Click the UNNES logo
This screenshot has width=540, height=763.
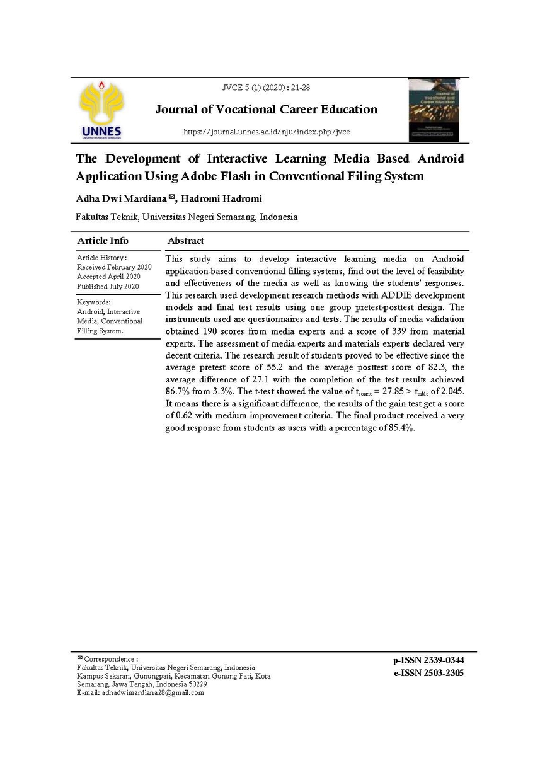[x=101, y=110]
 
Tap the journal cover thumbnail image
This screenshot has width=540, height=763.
[x=434, y=110]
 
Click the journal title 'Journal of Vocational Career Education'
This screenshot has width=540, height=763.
[x=267, y=110]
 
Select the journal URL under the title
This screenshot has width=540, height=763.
[x=266, y=132]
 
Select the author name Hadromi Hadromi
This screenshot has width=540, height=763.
[x=222, y=199]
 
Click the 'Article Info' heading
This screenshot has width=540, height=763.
[x=103, y=241]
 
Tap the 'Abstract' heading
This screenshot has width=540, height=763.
[x=186, y=241]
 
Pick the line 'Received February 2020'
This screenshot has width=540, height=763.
[x=114, y=267]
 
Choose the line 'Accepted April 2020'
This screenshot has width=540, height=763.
[x=108, y=277]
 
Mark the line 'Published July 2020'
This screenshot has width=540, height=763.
[x=108, y=286]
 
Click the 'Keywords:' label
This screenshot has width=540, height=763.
[x=94, y=302]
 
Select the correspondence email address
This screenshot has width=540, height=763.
[x=152, y=692]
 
